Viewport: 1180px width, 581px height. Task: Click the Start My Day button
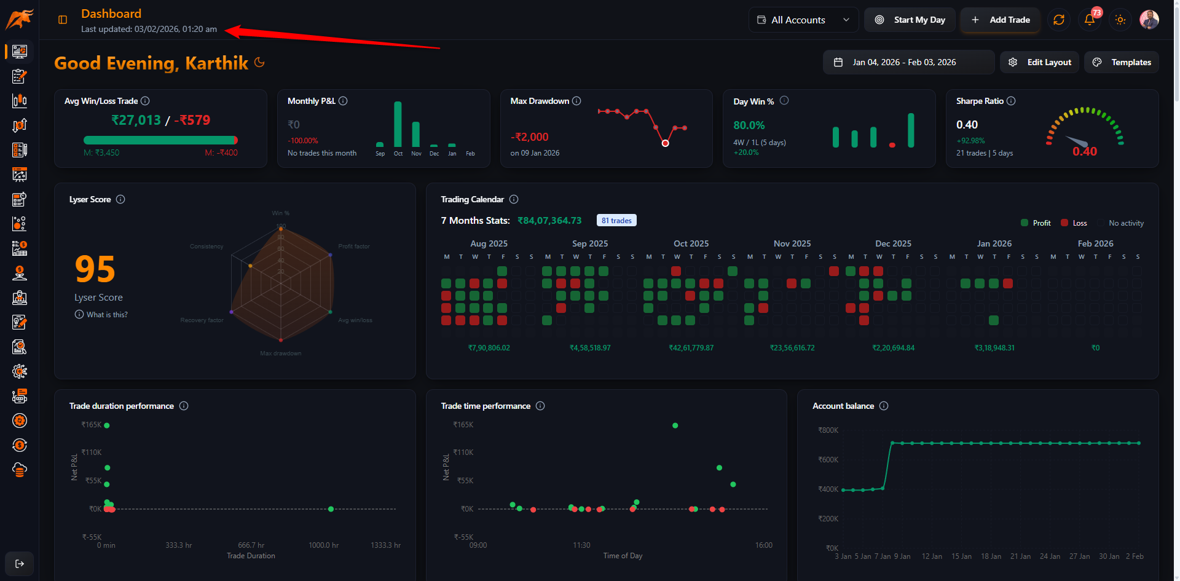910,20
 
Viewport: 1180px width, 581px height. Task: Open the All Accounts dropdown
803,20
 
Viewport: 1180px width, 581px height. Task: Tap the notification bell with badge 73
1090,20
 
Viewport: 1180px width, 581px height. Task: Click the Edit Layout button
1040,62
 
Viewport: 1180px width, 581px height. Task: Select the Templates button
1122,62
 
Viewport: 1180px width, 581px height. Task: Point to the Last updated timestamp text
149,29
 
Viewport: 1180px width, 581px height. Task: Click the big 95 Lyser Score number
95,269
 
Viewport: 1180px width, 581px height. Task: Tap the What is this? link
106,314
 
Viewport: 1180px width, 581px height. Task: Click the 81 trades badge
616,221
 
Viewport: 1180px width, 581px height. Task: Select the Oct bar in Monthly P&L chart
398,125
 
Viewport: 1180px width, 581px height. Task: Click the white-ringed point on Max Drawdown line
665,143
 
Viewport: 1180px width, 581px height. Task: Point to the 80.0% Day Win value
749,125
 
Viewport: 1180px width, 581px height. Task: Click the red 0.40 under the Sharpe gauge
1084,151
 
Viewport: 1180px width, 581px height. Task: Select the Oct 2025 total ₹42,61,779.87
691,348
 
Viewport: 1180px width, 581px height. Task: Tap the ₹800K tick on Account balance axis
828,430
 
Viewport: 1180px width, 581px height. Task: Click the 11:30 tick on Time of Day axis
581,545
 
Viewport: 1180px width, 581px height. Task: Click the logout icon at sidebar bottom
20,564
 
